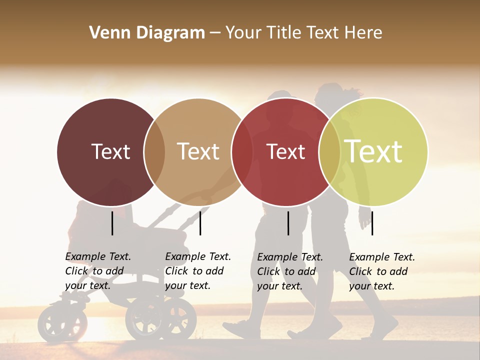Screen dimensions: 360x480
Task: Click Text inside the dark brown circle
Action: point(110,151)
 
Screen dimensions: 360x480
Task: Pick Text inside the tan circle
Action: point(198,151)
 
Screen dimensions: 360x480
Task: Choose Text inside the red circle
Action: point(285,151)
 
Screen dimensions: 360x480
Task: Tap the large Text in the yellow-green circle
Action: point(373,151)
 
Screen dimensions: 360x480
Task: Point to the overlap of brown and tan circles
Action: point(154,152)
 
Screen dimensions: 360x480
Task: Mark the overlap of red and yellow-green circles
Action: point(329,152)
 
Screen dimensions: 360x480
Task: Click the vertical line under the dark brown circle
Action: point(112,223)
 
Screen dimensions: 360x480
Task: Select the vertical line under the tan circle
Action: point(200,223)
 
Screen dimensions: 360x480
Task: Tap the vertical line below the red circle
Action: point(288,223)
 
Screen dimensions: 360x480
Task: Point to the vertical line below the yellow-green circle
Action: point(372,223)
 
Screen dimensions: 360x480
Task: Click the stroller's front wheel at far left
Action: point(59,323)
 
